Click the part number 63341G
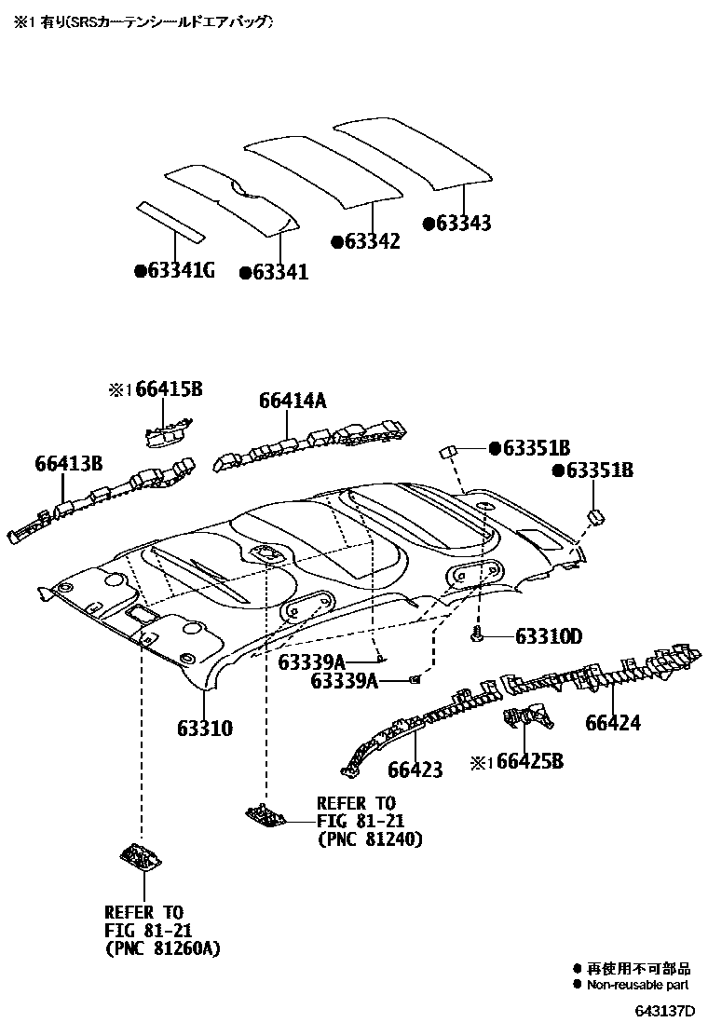(180, 271)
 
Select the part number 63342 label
(372, 241)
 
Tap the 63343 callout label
(463, 224)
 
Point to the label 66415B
(169, 389)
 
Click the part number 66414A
(293, 401)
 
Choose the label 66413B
(69, 463)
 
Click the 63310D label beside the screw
(548, 636)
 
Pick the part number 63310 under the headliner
(205, 728)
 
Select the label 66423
(415, 770)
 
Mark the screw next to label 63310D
(478, 635)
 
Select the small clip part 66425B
(526, 719)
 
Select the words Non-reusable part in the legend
(637, 984)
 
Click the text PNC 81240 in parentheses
(370, 839)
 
